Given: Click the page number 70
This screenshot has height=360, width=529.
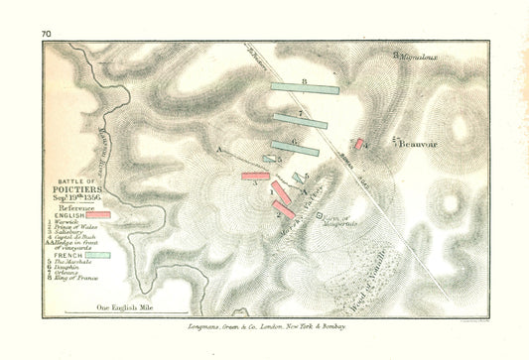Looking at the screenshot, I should (x=46, y=35).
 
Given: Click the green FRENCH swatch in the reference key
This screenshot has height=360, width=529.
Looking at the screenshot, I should (x=98, y=255).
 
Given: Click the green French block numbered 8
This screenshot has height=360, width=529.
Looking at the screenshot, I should (x=305, y=88).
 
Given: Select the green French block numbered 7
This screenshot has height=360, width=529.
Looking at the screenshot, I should (x=300, y=121).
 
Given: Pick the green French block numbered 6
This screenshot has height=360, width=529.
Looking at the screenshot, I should (x=295, y=149).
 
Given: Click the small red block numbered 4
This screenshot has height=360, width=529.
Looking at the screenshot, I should (x=359, y=145).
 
